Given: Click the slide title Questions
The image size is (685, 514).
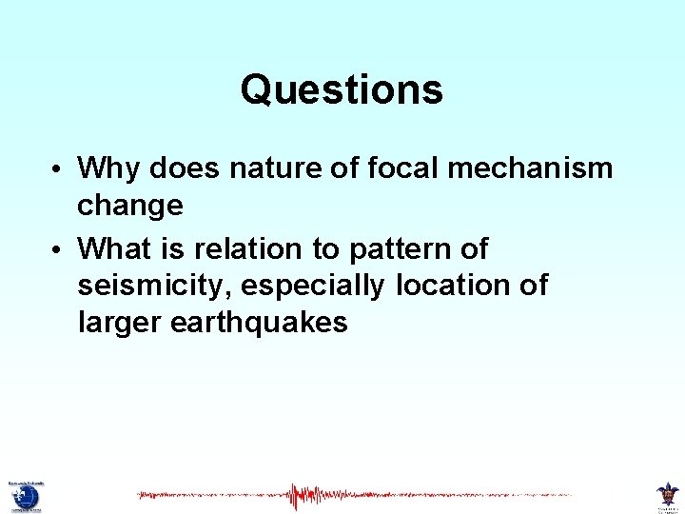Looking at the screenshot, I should (x=342, y=90).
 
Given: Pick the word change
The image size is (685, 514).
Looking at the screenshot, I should (x=130, y=205).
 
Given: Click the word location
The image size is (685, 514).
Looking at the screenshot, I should (x=460, y=286).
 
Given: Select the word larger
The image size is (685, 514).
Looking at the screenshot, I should (x=120, y=323).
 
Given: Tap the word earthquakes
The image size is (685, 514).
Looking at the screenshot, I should (x=259, y=323).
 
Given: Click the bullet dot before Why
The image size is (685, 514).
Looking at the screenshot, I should (x=58, y=170).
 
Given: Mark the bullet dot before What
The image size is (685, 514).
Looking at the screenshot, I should (x=58, y=251).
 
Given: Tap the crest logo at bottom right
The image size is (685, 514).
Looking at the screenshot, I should (x=668, y=494).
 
